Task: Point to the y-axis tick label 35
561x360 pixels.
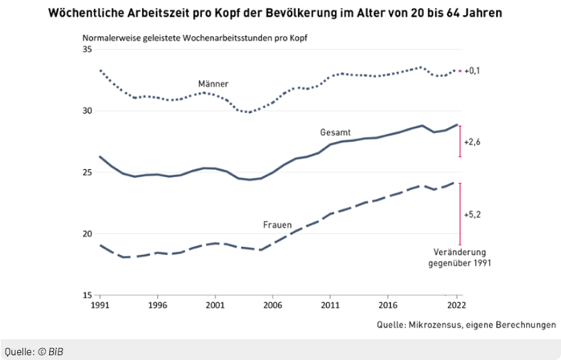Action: coord(87,50)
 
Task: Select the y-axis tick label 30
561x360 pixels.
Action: coord(87,111)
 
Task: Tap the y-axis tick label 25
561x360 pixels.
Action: coord(87,172)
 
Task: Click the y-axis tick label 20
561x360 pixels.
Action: coord(87,234)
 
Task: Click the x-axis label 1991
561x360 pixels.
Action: coord(100,305)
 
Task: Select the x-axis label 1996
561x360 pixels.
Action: coord(158,305)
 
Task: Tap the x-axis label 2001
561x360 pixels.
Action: coord(216,305)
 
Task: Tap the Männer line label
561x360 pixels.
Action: coord(214,83)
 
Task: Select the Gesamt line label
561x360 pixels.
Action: coord(335,131)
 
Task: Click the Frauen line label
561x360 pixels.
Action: coord(276,225)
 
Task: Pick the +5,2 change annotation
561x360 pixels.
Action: coord(472,215)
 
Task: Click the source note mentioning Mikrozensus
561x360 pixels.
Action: coord(466,326)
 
